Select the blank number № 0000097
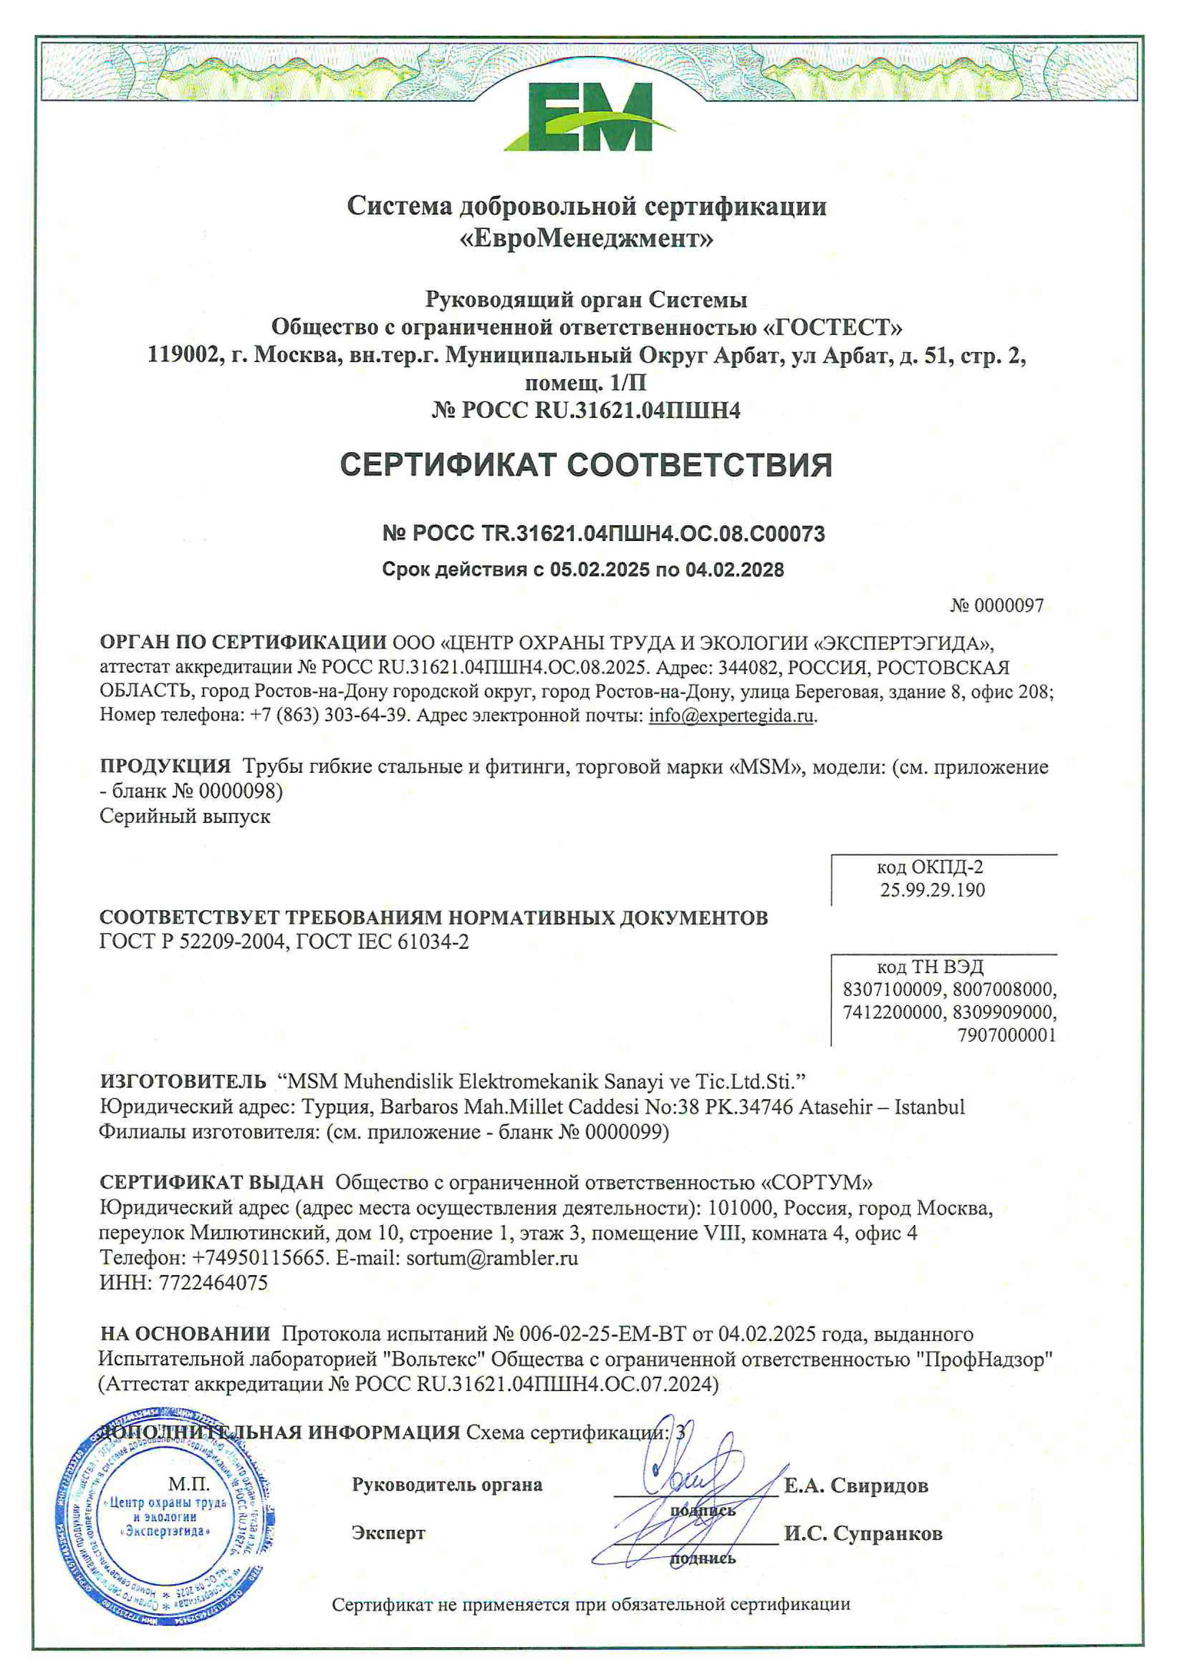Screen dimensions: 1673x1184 (997, 605)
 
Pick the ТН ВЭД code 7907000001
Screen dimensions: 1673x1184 (1007, 1035)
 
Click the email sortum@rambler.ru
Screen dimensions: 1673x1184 (492, 1257)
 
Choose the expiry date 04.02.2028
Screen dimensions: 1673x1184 (734, 570)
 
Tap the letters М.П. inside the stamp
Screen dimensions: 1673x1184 (189, 1484)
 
